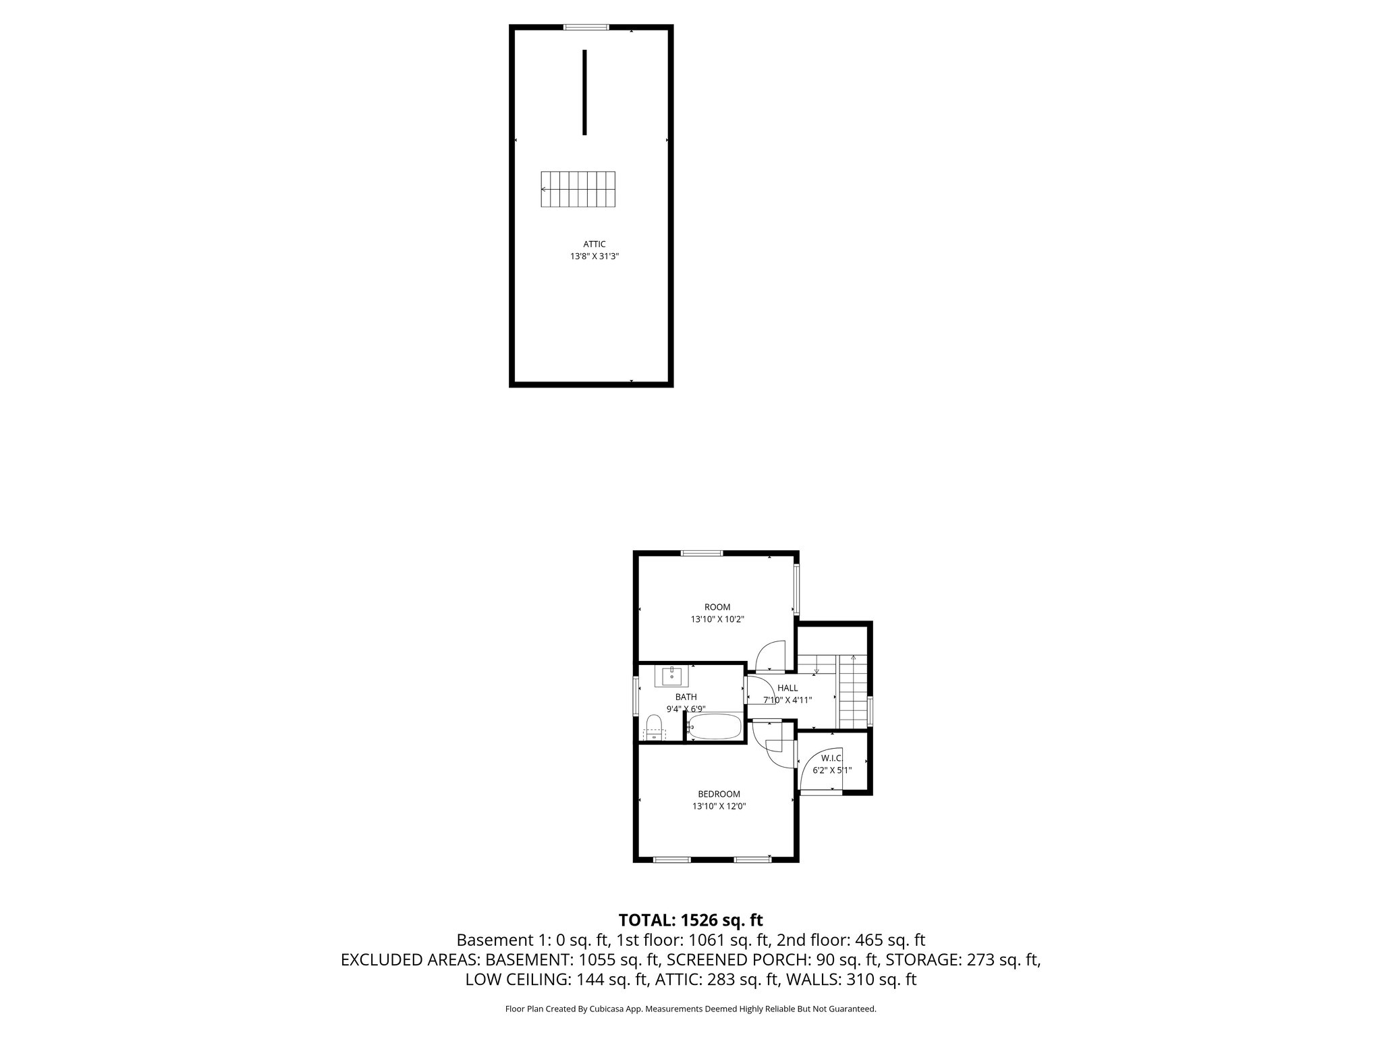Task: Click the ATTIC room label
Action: [595, 244]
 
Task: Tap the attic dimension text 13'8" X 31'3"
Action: [595, 257]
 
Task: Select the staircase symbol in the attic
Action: [578, 190]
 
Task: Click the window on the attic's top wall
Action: [586, 28]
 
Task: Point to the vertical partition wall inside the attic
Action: [584, 92]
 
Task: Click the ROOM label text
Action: [717, 607]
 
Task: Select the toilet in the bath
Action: [653, 728]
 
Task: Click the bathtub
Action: [714, 727]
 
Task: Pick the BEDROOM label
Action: [719, 794]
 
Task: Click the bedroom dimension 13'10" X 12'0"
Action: [719, 806]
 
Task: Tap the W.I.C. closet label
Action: [831, 758]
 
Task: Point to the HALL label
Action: [787, 688]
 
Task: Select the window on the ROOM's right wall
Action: [796, 589]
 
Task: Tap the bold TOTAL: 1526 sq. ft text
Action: [690, 920]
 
